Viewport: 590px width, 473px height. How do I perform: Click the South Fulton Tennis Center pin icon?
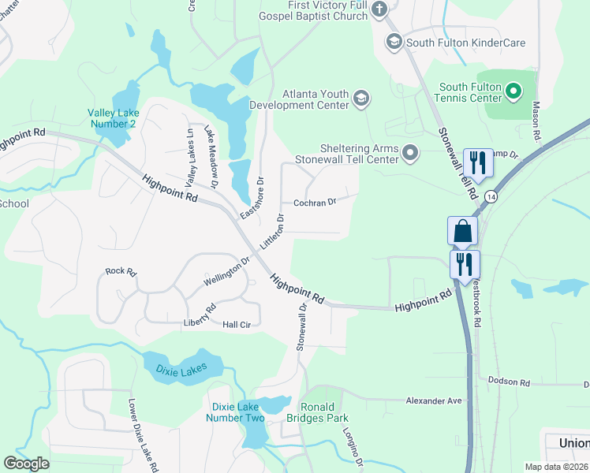tap(513, 92)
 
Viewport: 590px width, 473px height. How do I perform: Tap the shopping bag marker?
tap(462, 231)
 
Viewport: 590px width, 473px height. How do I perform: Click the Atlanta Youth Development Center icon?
tap(361, 98)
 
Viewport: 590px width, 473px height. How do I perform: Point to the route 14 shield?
tap(491, 196)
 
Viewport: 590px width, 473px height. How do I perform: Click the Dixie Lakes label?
tap(181, 368)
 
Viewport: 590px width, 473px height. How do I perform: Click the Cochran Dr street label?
tap(315, 202)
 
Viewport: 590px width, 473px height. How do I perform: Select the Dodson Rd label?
tap(513, 382)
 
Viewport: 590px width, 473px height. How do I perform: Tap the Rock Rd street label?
tap(121, 272)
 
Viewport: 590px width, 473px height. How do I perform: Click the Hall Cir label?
tap(236, 324)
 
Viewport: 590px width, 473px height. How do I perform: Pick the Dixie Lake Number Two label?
tap(237, 412)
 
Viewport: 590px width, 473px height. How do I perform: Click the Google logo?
tap(26, 464)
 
